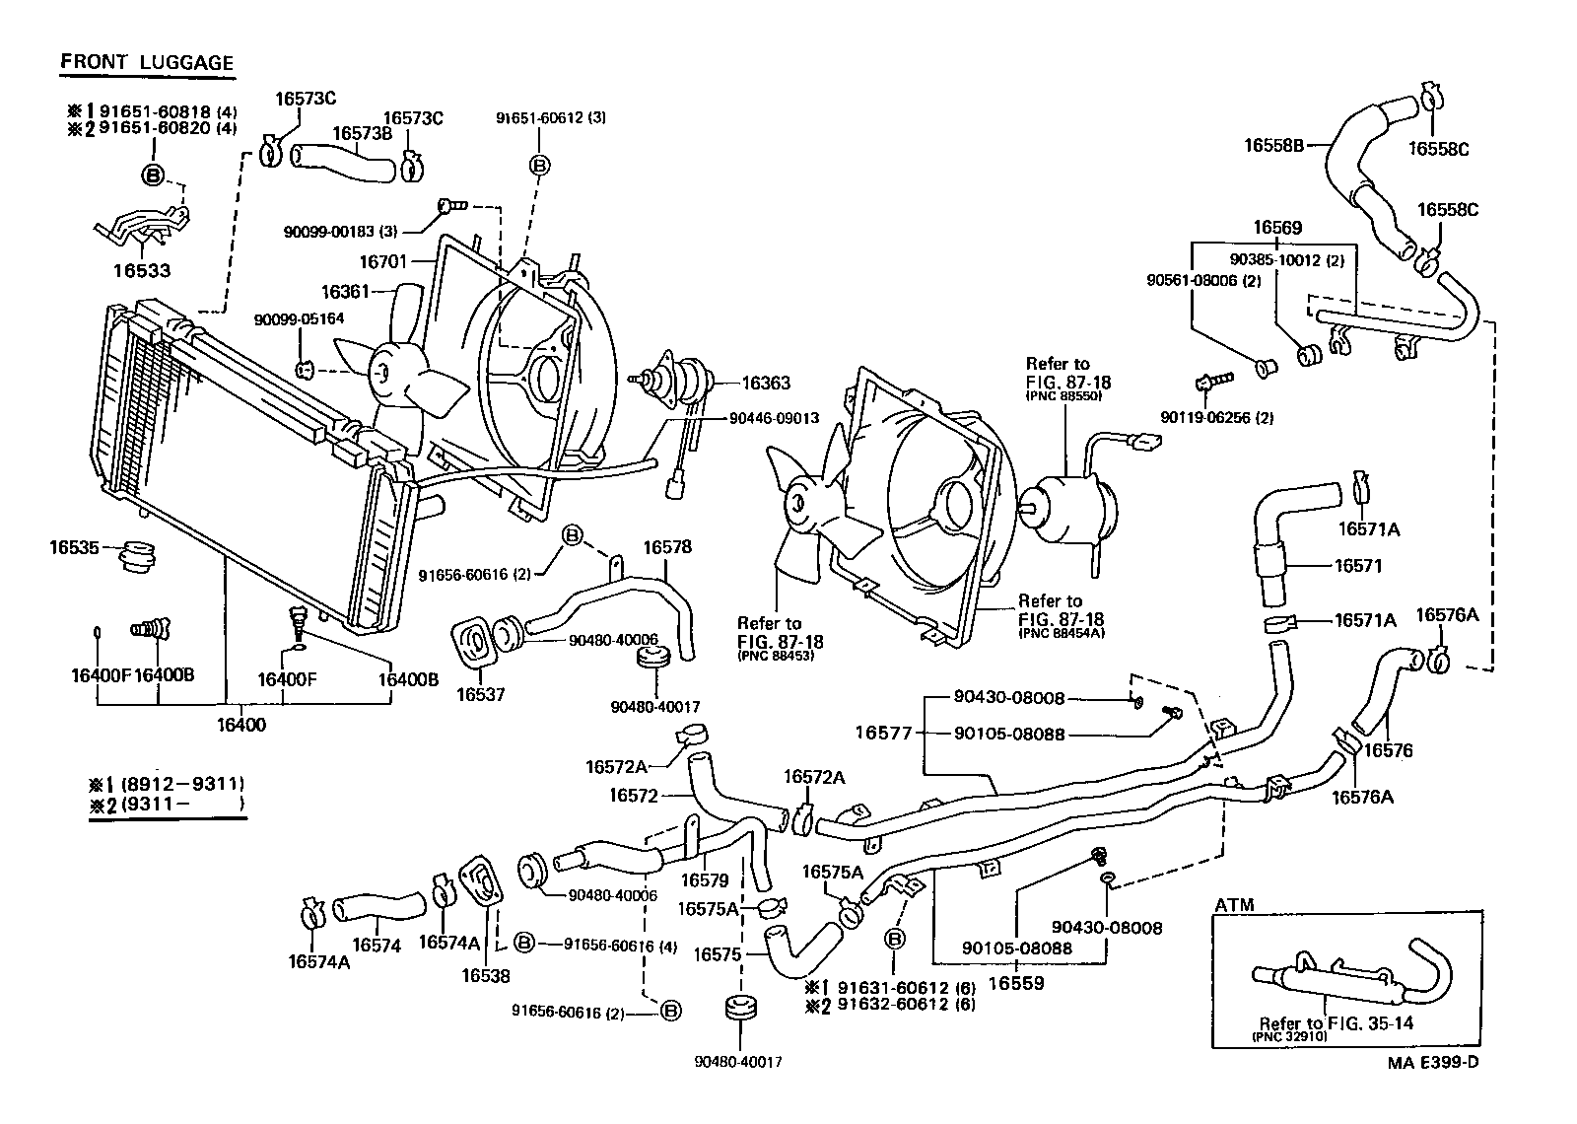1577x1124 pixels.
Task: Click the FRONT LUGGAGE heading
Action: click(147, 62)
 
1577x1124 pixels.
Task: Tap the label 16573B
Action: click(362, 133)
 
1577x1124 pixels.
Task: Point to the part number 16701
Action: click(382, 261)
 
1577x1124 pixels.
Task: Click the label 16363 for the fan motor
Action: click(766, 384)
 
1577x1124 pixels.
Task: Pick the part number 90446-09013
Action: click(774, 418)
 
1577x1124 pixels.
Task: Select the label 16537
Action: click(480, 694)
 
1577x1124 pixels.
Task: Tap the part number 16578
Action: click(667, 547)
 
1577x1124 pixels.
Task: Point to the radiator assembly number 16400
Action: click(240, 725)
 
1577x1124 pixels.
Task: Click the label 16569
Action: click(1277, 228)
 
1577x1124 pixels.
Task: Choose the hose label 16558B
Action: click(1273, 145)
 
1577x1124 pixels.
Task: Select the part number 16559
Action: click(1015, 982)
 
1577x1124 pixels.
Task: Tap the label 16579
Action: click(705, 880)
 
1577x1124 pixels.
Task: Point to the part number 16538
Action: click(485, 976)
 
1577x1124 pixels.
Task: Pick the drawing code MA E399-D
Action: click(1433, 1062)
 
